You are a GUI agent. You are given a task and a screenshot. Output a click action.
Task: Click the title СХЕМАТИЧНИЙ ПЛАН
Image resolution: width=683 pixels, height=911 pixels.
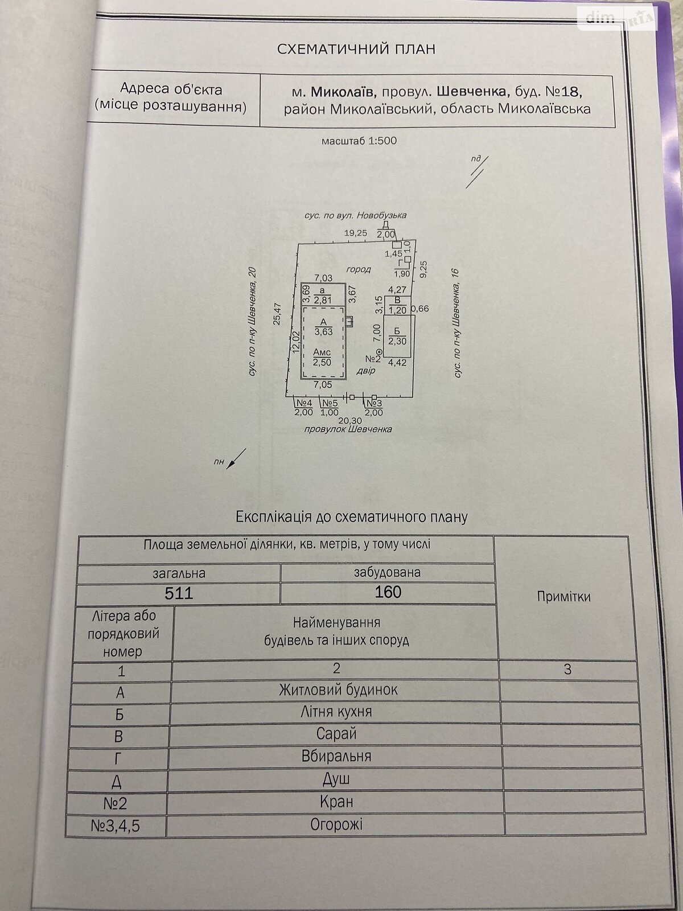coord(356,49)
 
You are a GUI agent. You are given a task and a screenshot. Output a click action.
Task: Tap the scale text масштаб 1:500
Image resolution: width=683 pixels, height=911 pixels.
coord(359,141)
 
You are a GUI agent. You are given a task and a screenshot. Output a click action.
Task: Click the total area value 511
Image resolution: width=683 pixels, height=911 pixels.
coord(179,593)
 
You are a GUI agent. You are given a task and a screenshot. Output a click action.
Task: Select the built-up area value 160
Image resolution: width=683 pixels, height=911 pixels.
coord(388,592)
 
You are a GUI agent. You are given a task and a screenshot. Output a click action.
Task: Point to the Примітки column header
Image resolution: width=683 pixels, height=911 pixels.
coord(563,597)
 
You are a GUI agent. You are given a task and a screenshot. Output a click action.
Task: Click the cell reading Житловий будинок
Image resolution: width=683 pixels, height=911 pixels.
coord(338,690)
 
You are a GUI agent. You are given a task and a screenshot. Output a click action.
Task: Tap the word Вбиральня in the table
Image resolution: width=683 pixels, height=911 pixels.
coord(336,756)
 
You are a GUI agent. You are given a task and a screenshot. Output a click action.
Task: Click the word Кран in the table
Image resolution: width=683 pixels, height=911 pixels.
coord(336,802)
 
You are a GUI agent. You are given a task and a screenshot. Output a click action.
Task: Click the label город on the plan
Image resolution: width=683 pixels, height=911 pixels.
coord(359,269)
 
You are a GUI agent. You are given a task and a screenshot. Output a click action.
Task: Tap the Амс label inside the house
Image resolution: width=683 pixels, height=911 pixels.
coord(322,352)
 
